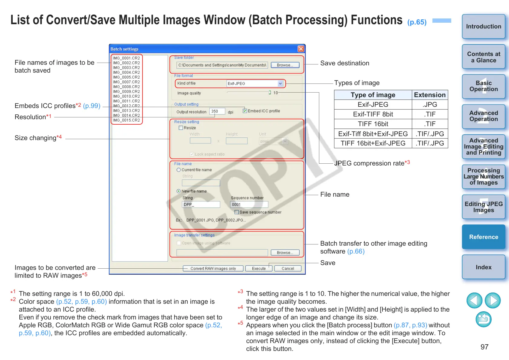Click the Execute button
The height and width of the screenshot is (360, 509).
[259, 268]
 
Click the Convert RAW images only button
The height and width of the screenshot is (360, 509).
[213, 268]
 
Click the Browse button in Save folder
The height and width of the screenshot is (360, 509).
[285, 65]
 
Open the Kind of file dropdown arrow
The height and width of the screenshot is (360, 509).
[280, 83]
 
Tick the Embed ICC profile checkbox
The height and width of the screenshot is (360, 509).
[245, 111]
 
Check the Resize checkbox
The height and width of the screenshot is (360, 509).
[181, 128]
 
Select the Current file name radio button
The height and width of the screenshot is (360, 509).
[179, 170]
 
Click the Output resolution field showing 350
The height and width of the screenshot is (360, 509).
[217, 112]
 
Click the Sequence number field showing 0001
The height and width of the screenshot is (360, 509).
[249, 205]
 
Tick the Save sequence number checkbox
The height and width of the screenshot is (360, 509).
[237, 212]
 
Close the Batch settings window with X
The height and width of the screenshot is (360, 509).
[301, 49]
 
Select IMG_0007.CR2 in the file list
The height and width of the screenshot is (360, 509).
[126, 82]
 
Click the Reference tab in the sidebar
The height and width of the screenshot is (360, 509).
[483, 237]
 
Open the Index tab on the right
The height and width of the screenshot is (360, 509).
[483, 267]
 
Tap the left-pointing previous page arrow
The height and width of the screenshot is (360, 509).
[474, 300]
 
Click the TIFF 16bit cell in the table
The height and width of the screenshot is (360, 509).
[373, 124]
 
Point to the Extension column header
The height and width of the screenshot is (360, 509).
[429, 95]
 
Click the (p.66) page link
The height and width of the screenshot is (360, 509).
[356, 251]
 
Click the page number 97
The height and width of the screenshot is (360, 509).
[484, 347]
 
